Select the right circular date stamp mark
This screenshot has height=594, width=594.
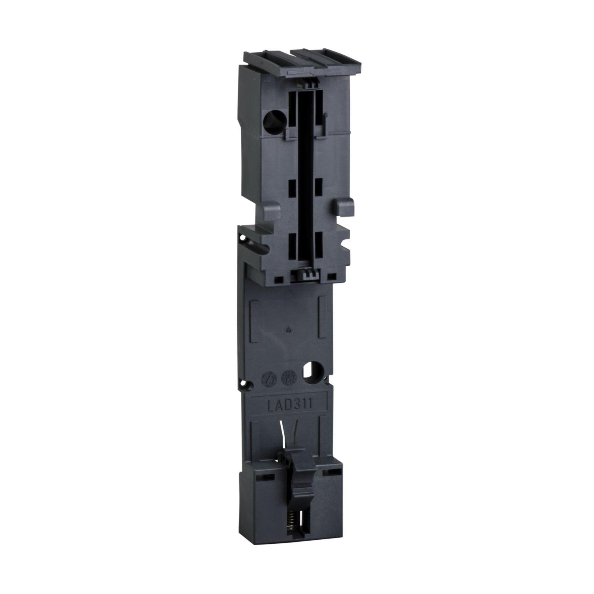[287, 379]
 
